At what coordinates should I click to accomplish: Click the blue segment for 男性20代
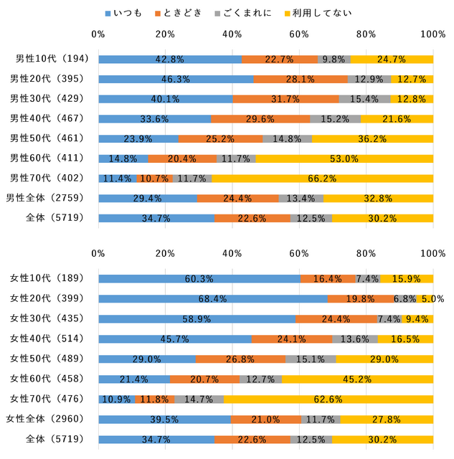(x=176, y=79)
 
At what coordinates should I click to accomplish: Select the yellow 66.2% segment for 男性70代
(x=322, y=178)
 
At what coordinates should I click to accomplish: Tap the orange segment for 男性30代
(x=285, y=99)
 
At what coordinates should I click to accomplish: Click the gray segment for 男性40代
(x=335, y=118)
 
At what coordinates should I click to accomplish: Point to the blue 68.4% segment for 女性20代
(x=213, y=298)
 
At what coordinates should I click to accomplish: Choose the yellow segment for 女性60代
(x=357, y=379)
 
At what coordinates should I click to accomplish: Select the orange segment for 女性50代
(x=240, y=359)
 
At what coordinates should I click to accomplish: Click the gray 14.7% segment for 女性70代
(x=199, y=399)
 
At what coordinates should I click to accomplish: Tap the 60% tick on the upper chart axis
(x=299, y=34)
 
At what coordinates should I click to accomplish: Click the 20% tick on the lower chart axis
(x=166, y=253)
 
